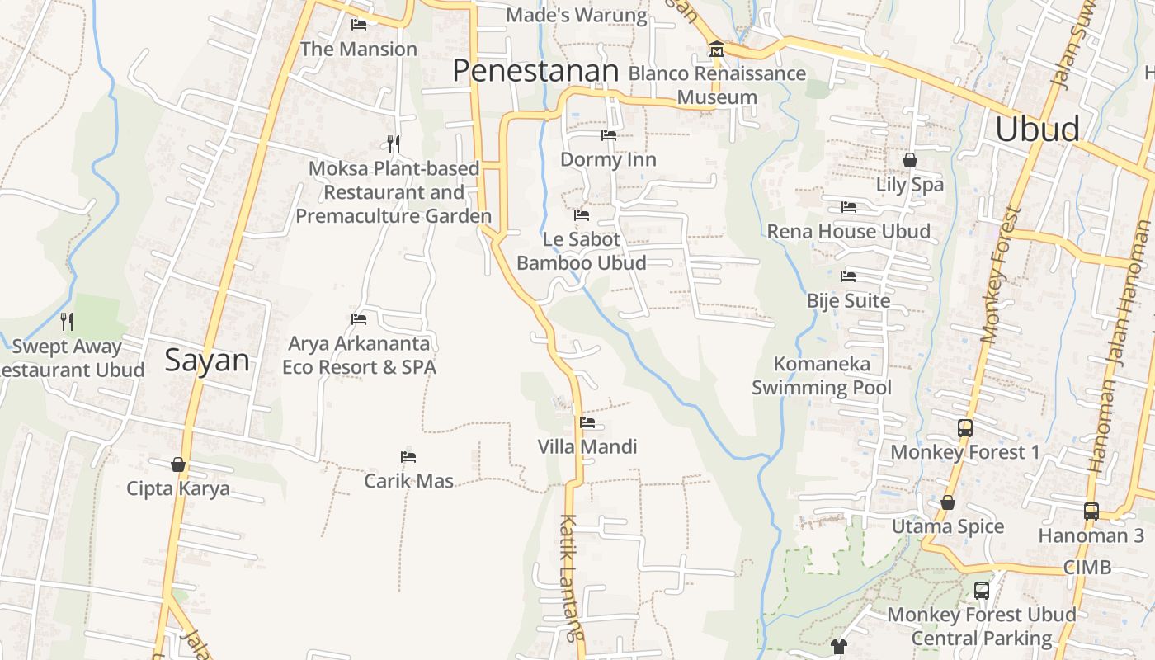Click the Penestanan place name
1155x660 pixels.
[x=535, y=71]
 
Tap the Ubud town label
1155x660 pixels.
[x=1037, y=130]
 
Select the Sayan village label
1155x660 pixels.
[x=207, y=361]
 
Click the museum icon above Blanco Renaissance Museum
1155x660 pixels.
[x=716, y=50]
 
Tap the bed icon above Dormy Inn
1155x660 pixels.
[x=609, y=135]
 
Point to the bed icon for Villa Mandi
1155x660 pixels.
[x=587, y=422]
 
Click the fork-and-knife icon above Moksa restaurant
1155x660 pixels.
[x=394, y=144]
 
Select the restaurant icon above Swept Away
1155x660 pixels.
[x=67, y=321]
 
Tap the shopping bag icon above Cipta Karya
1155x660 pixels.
[x=178, y=464]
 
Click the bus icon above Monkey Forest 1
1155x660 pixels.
[x=965, y=427]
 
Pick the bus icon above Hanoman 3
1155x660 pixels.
[x=1091, y=511]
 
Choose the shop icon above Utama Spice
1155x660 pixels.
[x=948, y=502]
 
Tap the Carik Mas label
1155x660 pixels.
[x=409, y=480]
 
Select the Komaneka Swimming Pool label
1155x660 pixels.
[x=822, y=375]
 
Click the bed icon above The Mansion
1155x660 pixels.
[x=359, y=25]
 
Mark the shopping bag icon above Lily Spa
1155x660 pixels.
[x=910, y=160]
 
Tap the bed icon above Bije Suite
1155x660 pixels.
[x=848, y=276]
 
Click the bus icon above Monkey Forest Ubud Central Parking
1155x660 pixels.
[x=982, y=591]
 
